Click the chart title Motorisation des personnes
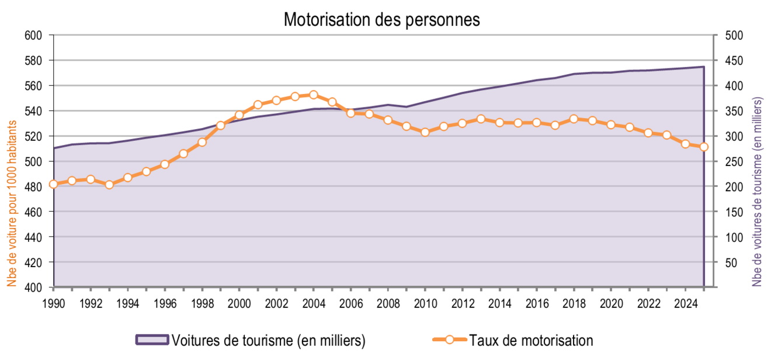381,19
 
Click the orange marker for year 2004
314,95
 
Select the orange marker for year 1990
54,184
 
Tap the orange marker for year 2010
425,132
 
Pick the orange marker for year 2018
574,119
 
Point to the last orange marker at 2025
704,147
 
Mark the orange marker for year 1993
109,185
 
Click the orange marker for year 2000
239,115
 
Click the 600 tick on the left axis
34,35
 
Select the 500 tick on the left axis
34,161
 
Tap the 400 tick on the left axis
34,288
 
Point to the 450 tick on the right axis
734,60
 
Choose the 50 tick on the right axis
731,262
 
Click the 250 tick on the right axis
734,161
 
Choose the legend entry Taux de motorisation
531,340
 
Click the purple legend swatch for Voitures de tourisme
151,340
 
